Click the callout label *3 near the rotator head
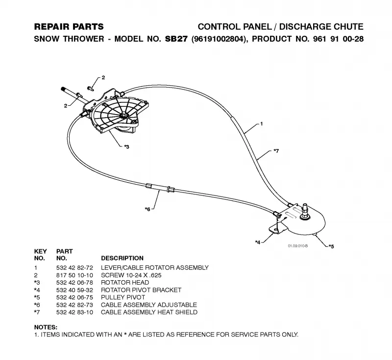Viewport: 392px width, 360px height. pyautogui.click(x=127, y=146)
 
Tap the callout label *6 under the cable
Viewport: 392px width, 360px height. pyautogui.click(x=147, y=209)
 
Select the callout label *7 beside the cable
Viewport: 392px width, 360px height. pyautogui.click(x=276, y=151)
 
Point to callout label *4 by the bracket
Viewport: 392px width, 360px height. pyautogui.click(x=258, y=242)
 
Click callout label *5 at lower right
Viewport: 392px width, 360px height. pyautogui.click(x=331, y=246)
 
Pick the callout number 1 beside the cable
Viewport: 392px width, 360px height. pyautogui.click(x=262, y=123)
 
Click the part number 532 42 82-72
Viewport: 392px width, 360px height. pyautogui.click(x=74, y=268)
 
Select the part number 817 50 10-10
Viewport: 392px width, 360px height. pyautogui.click(x=74, y=275)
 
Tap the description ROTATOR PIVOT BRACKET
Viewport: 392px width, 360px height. pyautogui.click(x=141, y=290)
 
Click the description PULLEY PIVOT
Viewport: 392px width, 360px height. pyautogui.click(x=123, y=297)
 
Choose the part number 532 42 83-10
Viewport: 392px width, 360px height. pyautogui.click(x=74, y=312)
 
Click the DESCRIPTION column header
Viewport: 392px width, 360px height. pyautogui.click(x=122, y=258)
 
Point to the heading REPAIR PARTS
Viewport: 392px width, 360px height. pyautogui.click(x=69, y=27)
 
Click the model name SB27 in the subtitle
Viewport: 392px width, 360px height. pyautogui.click(x=176, y=39)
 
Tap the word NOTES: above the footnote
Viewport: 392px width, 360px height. pyautogui.click(x=46, y=327)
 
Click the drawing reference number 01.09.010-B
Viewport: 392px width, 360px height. pyautogui.click(x=298, y=246)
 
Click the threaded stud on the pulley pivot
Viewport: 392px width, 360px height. pyautogui.click(x=304, y=209)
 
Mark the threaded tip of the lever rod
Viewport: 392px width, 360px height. pyautogui.click(x=64, y=89)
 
